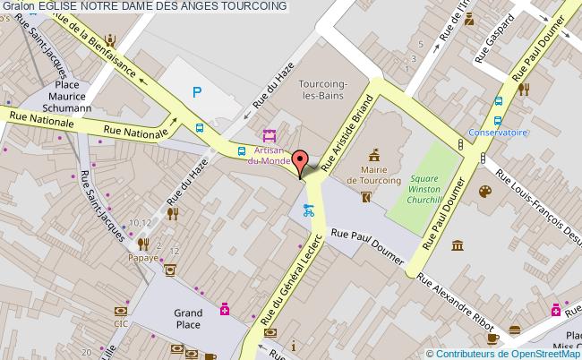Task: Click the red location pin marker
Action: [301, 163]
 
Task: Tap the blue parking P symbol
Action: [197, 90]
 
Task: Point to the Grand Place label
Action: [187, 319]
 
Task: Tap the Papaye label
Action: [142, 257]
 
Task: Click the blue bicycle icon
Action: [309, 212]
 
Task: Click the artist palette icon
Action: [484, 191]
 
